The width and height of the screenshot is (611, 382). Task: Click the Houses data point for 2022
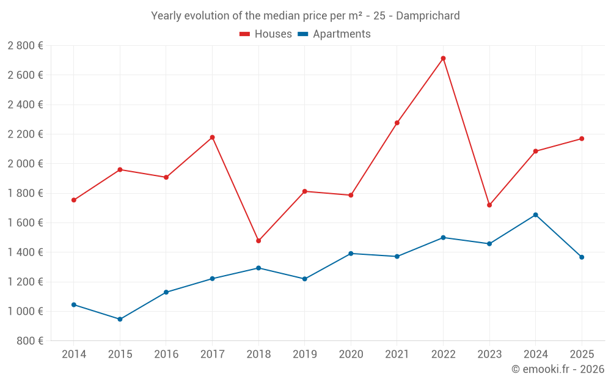443,59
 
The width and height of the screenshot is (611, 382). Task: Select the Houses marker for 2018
258,241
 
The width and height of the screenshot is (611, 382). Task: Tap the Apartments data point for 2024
535,215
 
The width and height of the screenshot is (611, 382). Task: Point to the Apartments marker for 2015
120,319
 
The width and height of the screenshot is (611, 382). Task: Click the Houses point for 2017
212,138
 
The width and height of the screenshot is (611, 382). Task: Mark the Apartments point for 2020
351,254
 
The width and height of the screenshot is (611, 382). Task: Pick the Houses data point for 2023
489,205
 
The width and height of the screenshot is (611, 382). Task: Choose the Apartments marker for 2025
582,257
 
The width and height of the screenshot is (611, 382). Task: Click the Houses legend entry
266,34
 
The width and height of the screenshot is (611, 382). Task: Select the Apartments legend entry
334,34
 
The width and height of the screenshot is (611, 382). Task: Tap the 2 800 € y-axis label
25,46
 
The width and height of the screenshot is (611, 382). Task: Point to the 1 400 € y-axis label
25,252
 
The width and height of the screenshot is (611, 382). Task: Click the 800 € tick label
29,341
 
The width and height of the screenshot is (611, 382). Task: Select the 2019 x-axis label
305,354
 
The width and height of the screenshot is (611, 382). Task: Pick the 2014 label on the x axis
74,354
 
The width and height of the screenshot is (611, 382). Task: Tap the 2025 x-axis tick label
582,354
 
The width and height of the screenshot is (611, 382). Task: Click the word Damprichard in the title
428,16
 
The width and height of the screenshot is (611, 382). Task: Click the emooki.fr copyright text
558,369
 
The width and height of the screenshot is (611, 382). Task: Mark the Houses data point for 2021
397,123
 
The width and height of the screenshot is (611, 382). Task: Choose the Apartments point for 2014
74,304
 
